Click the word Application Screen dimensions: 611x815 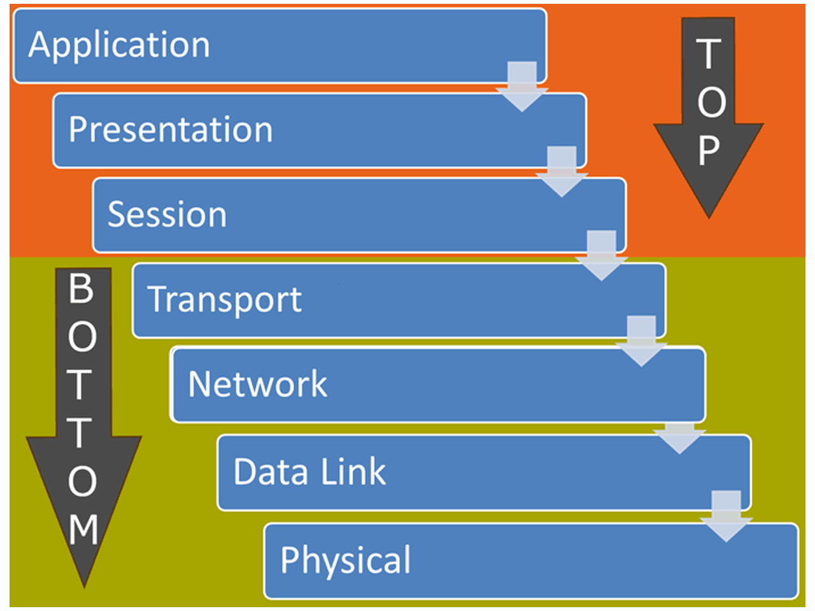pyautogui.click(x=119, y=46)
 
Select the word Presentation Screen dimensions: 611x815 pyautogui.click(x=171, y=130)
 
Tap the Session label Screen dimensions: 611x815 pyautogui.click(x=167, y=214)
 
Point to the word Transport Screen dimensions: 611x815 pyautogui.click(x=225, y=299)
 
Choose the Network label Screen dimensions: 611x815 pyautogui.click(x=257, y=384)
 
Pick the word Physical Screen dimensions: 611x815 pyautogui.click(x=346, y=560)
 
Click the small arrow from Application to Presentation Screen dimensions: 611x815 pyautogui.click(x=522, y=87)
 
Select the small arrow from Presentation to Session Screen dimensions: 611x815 pyautogui.click(x=562, y=171)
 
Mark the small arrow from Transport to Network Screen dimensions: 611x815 pyautogui.click(x=641, y=341)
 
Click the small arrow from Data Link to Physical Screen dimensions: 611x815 pyautogui.click(x=726, y=516)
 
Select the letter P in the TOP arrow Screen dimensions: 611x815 pyautogui.click(x=709, y=151)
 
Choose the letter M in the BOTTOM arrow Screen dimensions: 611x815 pyautogui.click(x=83, y=529)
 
